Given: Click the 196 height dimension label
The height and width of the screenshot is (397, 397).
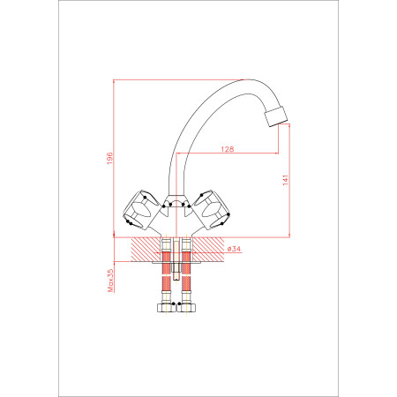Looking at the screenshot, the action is [x=109, y=158].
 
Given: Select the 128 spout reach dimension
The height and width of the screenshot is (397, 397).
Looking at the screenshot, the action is [x=228, y=149].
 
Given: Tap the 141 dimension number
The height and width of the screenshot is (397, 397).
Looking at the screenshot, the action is [x=286, y=180].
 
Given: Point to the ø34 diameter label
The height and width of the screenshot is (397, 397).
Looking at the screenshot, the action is [x=234, y=249].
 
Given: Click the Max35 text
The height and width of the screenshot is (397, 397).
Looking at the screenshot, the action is [x=110, y=281].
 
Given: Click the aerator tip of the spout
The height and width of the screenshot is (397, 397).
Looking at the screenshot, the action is [x=276, y=116].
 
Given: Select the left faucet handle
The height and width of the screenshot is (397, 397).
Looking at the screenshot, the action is [x=142, y=210].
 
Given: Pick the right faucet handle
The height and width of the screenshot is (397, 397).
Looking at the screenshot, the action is [x=210, y=210].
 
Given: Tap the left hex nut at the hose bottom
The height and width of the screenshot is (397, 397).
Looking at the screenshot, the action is [x=166, y=308].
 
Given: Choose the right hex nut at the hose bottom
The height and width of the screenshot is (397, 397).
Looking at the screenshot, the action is [x=186, y=308].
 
